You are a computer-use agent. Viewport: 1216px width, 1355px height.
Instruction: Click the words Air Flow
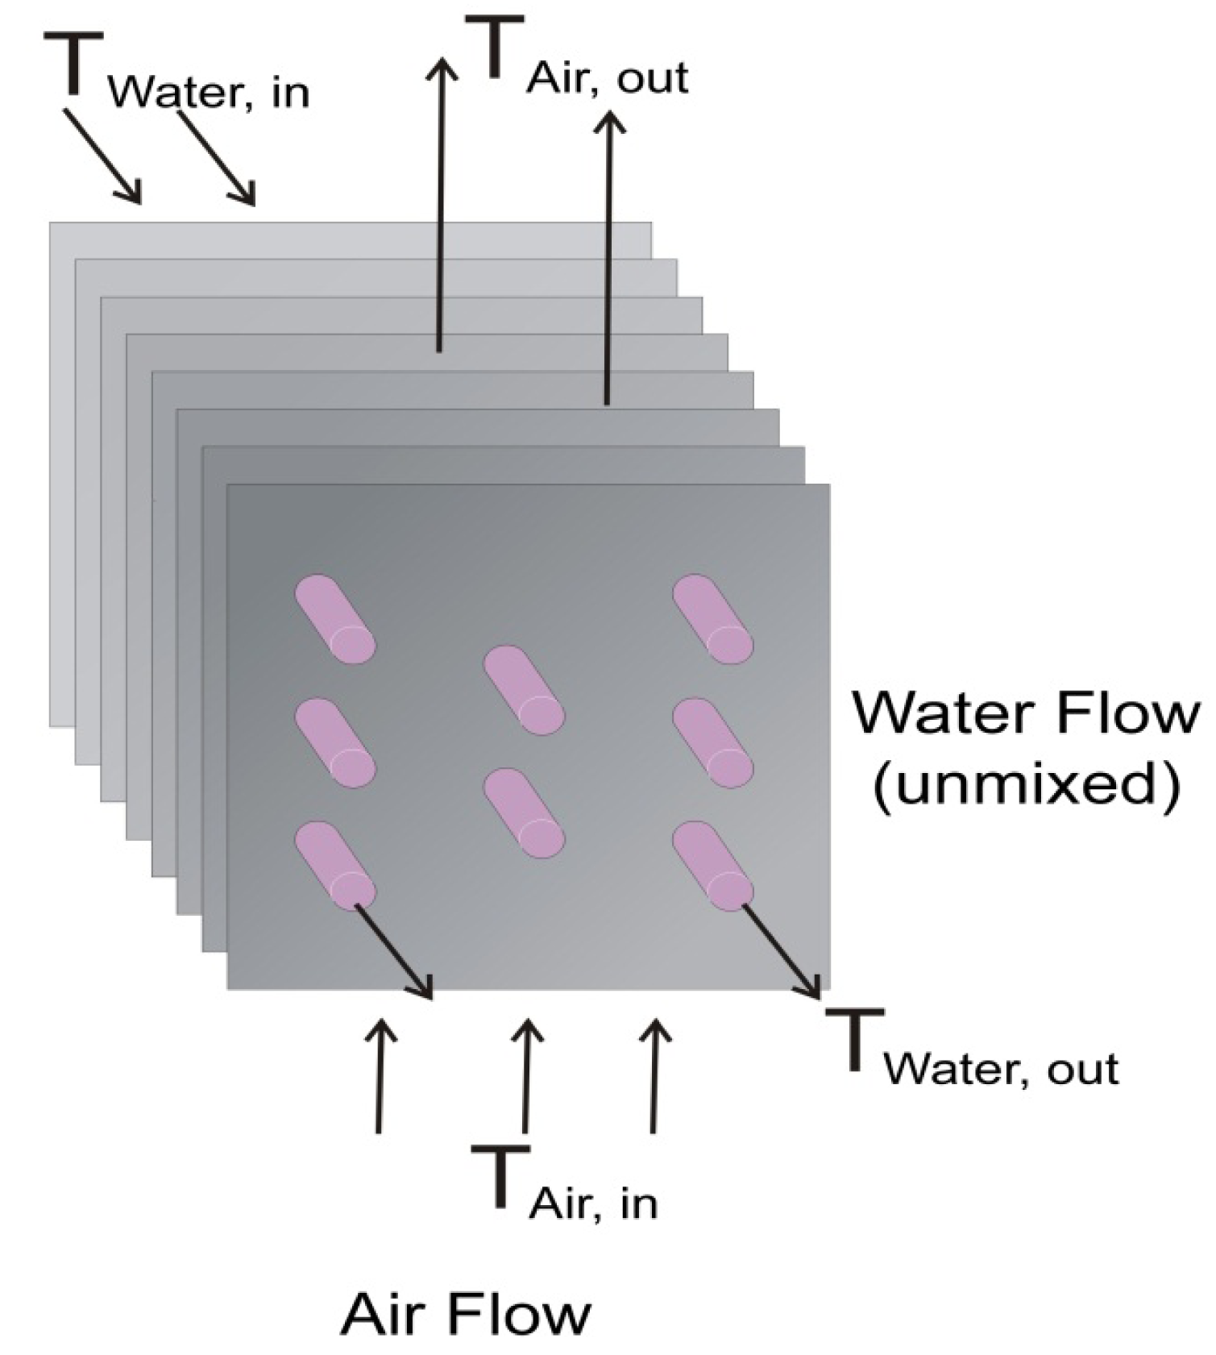466,1313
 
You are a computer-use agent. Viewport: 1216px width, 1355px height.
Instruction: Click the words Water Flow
1026,714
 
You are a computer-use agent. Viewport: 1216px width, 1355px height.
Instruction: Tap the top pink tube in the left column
335,619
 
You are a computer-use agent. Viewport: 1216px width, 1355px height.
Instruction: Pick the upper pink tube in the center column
524,690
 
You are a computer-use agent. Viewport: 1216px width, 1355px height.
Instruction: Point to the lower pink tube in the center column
524,813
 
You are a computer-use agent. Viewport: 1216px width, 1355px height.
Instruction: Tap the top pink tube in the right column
713,619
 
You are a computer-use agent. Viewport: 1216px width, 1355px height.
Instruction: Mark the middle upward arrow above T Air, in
526,1076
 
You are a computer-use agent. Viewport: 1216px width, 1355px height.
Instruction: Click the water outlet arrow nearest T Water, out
782,951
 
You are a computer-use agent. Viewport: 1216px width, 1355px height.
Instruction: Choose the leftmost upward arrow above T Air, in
380,1076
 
